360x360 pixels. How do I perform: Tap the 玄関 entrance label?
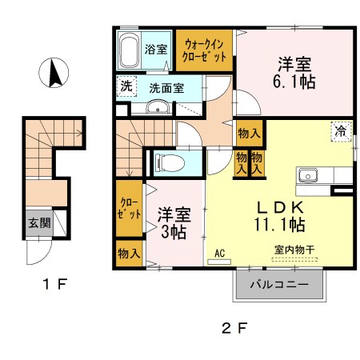[x=38, y=223]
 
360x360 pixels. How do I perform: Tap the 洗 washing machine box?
[x=126, y=86]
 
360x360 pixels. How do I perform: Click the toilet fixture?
[x=168, y=162]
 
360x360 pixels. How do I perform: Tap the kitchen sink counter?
[x=309, y=175]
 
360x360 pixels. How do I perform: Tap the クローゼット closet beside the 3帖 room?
[x=128, y=212]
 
